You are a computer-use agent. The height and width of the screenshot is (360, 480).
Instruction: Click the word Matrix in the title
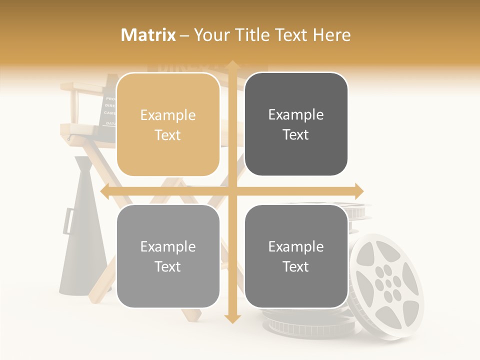click(148, 35)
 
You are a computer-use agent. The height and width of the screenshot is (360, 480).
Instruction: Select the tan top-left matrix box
click(168, 124)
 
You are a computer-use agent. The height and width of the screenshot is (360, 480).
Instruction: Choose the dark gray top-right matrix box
click(296, 124)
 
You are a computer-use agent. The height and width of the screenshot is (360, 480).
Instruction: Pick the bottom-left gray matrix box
click(168, 256)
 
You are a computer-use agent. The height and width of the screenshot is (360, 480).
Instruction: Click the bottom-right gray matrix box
click(296, 256)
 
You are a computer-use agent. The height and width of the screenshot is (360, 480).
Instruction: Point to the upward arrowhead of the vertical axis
click(232, 65)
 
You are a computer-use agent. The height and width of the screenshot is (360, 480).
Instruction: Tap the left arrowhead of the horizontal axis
click(105, 191)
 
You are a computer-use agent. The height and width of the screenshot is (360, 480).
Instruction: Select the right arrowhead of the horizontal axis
click(358, 191)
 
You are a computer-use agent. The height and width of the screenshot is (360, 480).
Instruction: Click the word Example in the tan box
click(168, 115)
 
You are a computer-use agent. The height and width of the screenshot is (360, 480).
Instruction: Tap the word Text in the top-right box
click(296, 135)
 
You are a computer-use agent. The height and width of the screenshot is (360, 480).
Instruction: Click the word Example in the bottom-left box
click(168, 246)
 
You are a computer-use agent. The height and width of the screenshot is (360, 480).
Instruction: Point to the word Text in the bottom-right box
click(296, 266)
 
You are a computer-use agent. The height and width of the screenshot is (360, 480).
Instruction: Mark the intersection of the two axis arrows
click(232, 191)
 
